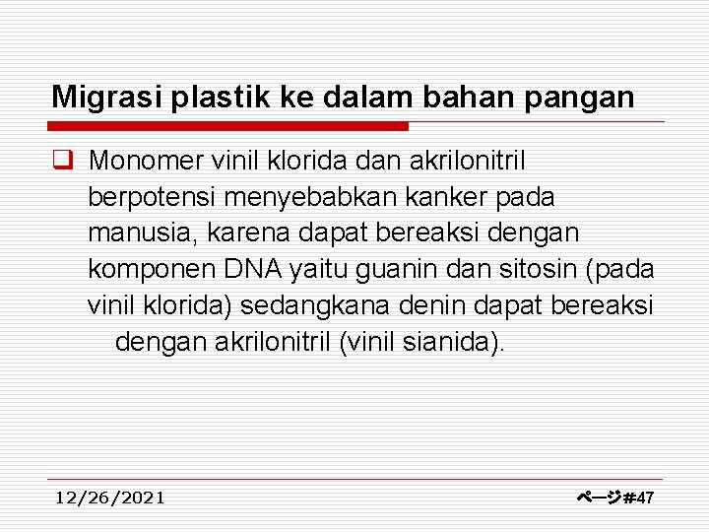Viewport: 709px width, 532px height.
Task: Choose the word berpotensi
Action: tap(152, 198)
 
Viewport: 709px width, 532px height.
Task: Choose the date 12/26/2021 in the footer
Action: tap(110, 498)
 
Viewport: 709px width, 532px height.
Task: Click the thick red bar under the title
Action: tap(228, 126)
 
